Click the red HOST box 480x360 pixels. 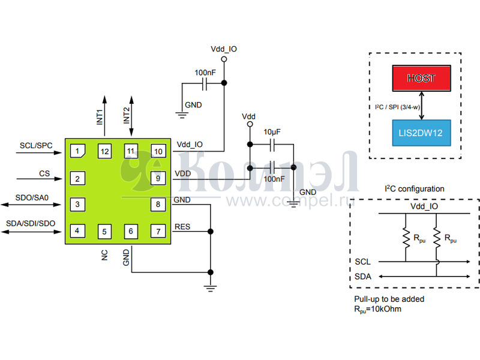[x=421, y=78]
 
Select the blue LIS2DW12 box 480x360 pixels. [x=421, y=133]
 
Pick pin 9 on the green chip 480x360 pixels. [x=158, y=178]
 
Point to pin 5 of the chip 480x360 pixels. [x=104, y=231]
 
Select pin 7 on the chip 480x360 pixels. [x=158, y=231]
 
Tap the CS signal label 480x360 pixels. [x=44, y=174]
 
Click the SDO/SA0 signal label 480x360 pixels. [x=34, y=197]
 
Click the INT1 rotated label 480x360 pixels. [x=100, y=116]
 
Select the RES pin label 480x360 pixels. [x=182, y=226]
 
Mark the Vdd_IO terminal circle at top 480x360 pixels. [x=224, y=59]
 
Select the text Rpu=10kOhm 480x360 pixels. [x=378, y=309]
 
